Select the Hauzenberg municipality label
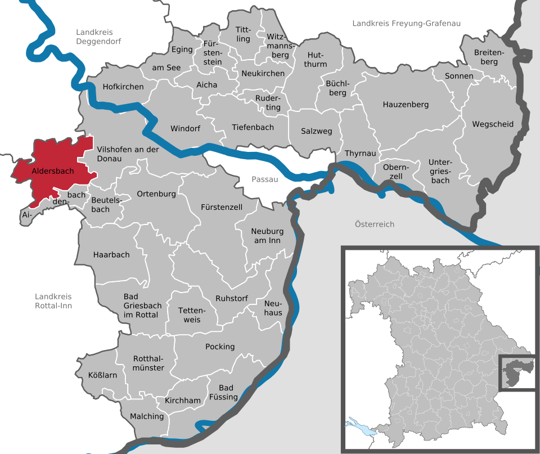pos(406,105)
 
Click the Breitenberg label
pos(485,57)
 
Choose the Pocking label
pos(220,347)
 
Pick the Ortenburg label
pos(156,194)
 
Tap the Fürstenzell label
pos(222,207)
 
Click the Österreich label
pos(375,224)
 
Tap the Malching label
pos(147,417)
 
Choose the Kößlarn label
pos(103,375)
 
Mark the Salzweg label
pos(317,131)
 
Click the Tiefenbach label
pos(253,127)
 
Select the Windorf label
pos(185,128)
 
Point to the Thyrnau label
pos(360,153)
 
